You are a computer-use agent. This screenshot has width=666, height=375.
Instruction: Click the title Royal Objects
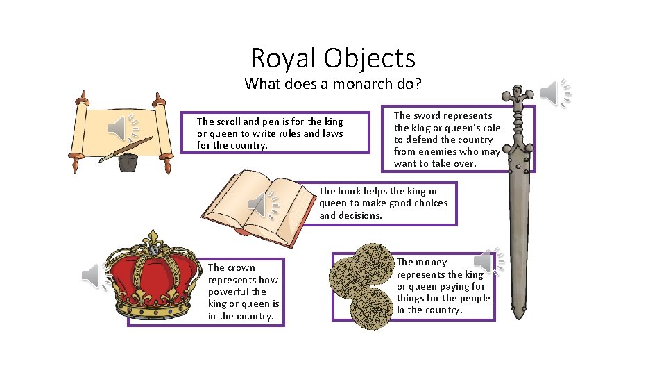(x=332, y=58)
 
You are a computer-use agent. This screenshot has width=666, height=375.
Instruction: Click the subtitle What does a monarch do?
(x=332, y=84)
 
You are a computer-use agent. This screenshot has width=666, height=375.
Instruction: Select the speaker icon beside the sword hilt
(x=555, y=93)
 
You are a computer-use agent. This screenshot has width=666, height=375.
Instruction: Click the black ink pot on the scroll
(x=127, y=162)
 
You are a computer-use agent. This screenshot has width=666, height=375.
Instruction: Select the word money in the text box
(x=432, y=262)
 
